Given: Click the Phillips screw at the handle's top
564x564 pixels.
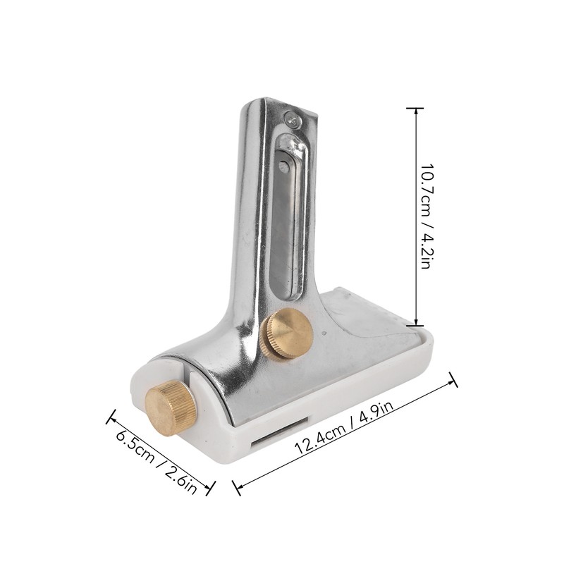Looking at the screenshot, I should click(292, 122).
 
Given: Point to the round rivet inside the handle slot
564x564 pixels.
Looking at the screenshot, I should click(282, 166).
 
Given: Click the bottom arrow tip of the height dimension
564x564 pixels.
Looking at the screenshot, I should click(415, 325).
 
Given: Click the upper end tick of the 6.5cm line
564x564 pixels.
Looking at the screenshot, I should click(110, 418).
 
